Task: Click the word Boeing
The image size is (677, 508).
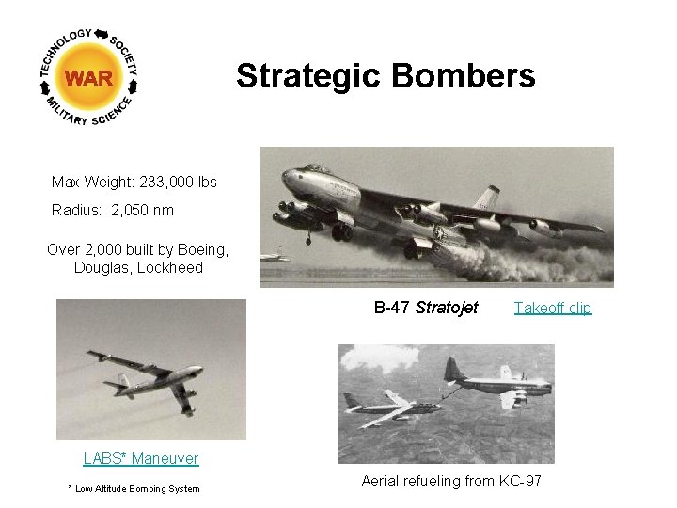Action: point(201,249)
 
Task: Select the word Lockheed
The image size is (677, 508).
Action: point(172,267)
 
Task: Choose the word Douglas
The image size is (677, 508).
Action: point(101,267)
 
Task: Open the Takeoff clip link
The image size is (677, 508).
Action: point(553,308)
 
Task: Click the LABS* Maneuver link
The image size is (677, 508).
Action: point(141,458)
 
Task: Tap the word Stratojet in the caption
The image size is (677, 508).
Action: point(447,308)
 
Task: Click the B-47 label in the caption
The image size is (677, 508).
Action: point(392,308)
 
